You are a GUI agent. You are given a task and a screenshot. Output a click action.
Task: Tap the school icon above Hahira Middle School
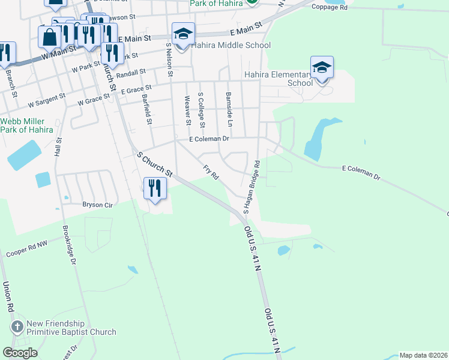point(183,34)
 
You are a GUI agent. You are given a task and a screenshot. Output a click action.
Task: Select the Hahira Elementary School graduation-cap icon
point(322,67)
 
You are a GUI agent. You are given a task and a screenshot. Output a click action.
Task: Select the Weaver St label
point(188,110)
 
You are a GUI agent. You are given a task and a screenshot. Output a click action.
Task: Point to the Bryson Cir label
point(97,205)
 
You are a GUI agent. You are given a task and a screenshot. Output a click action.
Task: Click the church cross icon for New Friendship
point(17,328)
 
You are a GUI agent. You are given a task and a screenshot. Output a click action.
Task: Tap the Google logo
point(20,352)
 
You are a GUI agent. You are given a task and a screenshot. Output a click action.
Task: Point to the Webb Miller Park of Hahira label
point(26,125)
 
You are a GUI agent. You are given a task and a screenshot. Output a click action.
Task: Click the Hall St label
point(58,148)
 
